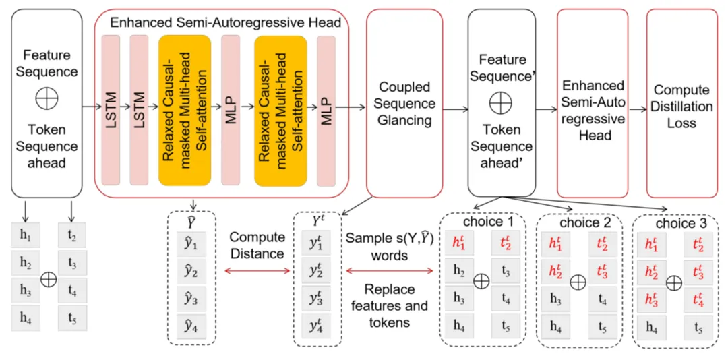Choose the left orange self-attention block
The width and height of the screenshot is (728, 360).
[x=185, y=109]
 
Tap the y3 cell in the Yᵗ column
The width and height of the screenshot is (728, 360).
[x=315, y=298]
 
